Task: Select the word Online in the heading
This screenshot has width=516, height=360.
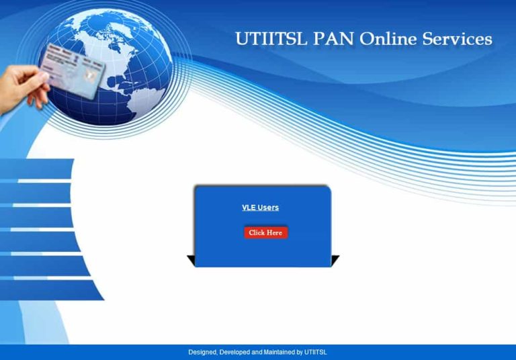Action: click(x=388, y=39)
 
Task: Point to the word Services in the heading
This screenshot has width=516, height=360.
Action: click(x=457, y=39)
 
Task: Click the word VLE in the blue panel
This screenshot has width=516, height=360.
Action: click(x=249, y=208)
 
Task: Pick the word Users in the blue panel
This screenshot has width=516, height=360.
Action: click(x=268, y=208)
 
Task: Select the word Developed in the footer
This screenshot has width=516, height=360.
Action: click(x=236, y=353)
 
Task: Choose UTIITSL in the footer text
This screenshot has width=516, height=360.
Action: click(x=316, y=353)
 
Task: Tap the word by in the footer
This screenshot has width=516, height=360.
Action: click(x=300, y=353)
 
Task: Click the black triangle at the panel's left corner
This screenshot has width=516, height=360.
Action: click(x=191, y=260)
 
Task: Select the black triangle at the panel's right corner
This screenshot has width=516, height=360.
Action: click(x=335, y=260)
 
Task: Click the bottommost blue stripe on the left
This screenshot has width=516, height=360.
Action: click(x=47, y=289)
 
